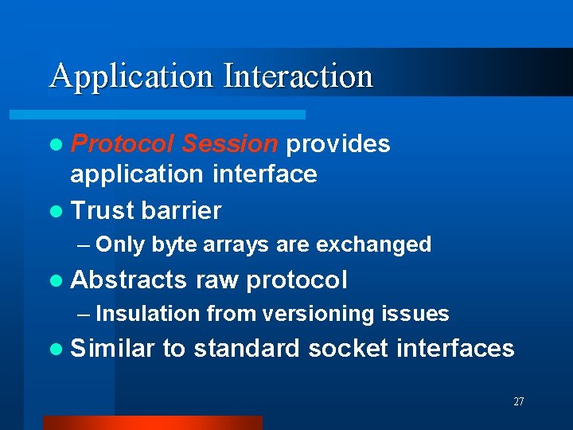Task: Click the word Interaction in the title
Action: pos(298,76)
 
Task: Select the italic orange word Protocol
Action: pos(123,143)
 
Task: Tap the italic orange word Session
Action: pos(229,143)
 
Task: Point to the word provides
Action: pos(338,143)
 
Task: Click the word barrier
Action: pos(181,210)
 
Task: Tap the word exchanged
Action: pos(374,244)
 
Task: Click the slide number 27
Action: pos(519,402)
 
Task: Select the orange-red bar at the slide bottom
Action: pos(152,423)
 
